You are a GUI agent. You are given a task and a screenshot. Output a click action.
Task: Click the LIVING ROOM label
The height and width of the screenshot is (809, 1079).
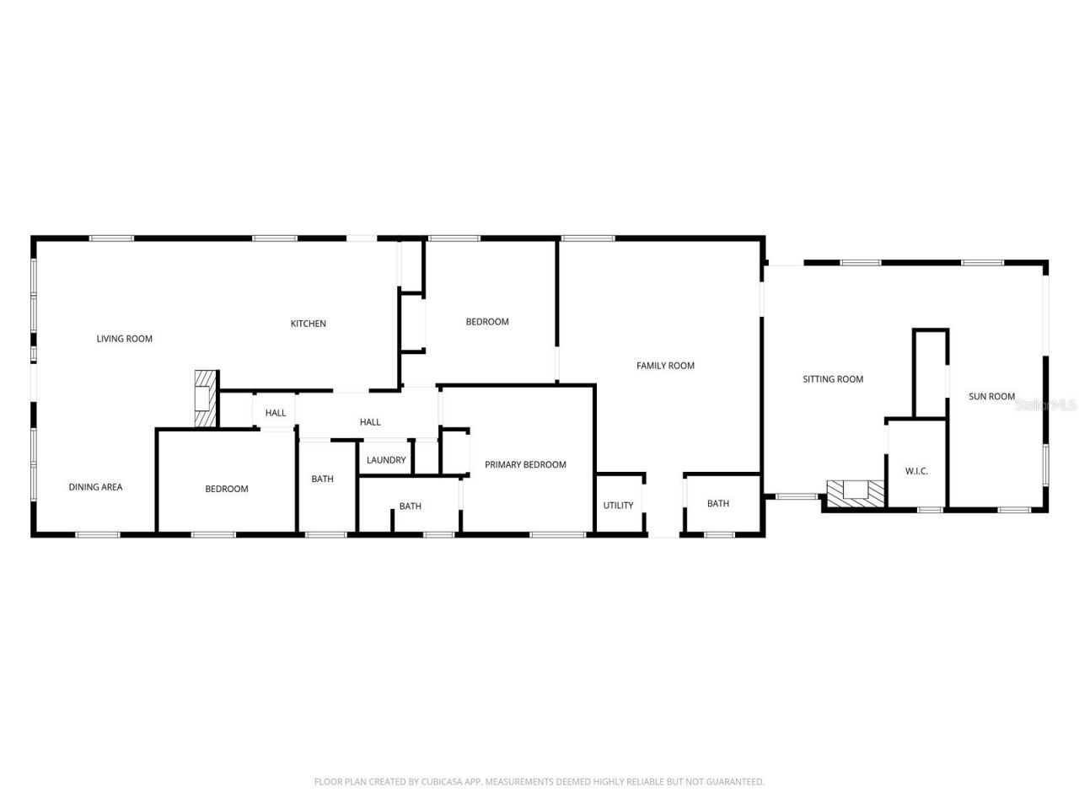pos(124,339)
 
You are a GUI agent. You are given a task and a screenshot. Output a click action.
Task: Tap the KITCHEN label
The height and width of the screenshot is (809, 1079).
pos(308,324)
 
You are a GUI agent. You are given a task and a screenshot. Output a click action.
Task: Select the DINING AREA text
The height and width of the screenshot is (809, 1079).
pos(95,487)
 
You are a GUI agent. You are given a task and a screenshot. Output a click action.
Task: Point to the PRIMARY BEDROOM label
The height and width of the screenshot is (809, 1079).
pos(525,464)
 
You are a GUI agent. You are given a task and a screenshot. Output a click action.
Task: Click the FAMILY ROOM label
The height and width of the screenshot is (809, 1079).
pos(665,366)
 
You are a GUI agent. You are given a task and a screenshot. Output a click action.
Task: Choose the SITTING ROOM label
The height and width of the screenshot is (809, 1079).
pos(832,379)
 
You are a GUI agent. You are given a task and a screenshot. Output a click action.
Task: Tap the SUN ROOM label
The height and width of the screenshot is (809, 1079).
pos(991,396)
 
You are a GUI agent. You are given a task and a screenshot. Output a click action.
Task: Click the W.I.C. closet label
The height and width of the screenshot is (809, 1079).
pos(916,471)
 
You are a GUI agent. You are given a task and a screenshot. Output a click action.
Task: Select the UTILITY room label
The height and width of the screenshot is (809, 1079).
pos(618,506)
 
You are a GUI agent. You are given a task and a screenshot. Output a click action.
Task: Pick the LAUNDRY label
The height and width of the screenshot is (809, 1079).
pos(386,460)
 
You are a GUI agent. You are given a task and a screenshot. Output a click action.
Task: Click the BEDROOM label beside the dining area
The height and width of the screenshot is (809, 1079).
pos(227,489)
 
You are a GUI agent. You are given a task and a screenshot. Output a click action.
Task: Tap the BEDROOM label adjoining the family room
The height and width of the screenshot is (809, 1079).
pos(487,322)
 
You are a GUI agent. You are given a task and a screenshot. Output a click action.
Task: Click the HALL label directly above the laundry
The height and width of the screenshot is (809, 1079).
pos(370,422)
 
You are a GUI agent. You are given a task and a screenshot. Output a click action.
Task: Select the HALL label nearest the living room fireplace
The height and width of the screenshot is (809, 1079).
pos(276,413)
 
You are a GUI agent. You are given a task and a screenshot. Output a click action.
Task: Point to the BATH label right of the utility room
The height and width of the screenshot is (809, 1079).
pos(718,504)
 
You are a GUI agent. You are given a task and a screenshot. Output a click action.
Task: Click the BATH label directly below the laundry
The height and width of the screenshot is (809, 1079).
pos(411,506)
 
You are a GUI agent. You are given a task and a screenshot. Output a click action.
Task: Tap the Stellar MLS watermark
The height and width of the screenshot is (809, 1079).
pos(1045,404)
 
